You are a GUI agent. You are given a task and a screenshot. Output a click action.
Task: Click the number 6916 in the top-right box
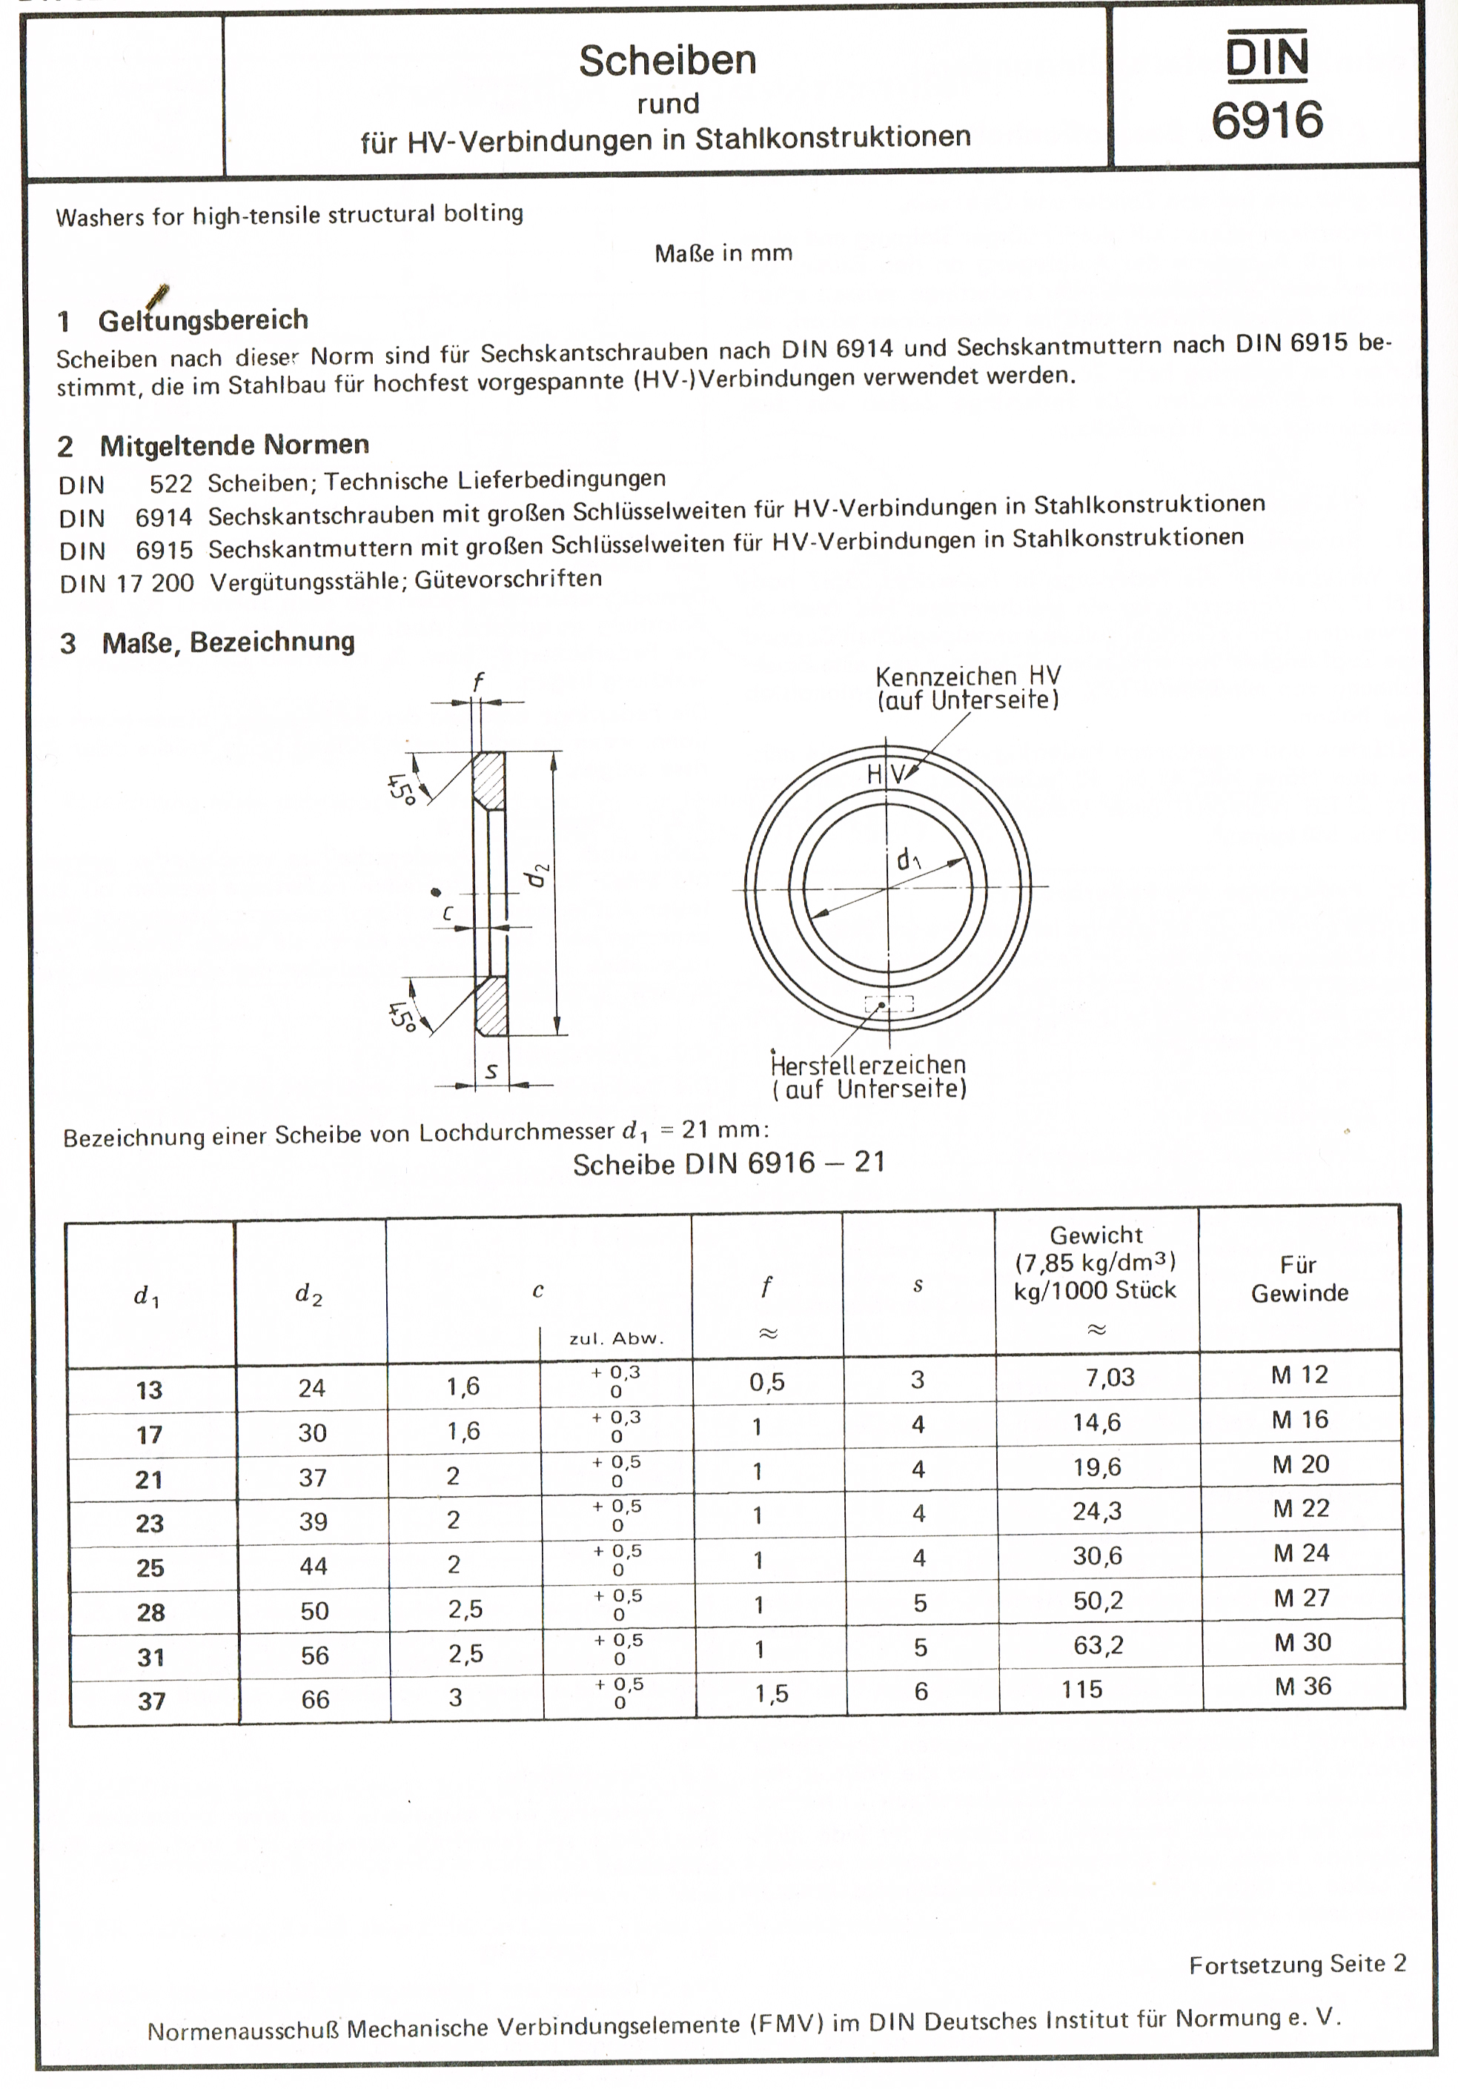pyautogui.click(x=1266, y=120)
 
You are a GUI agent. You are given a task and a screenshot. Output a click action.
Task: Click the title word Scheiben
pyautogui.click(x=667, y=61)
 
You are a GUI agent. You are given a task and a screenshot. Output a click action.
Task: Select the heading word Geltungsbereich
pyautogui.click(x=203, y=320)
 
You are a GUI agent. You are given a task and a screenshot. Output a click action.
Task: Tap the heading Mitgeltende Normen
pyautogui.click(x=234, y=445)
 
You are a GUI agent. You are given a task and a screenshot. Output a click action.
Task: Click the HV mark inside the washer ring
pyautogui.click(x=887, y=774)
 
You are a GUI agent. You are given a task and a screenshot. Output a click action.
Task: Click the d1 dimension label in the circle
pyautogui.click(x=908, y=858)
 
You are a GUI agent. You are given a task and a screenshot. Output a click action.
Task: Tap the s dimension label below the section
pyautogui.click(x=491, y=1072)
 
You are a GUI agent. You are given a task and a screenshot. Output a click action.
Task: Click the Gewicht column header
pyautogui.click(x=1096, y=1263)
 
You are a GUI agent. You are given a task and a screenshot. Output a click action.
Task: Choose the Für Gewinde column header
pyautogui.click(x=1299, y=1278)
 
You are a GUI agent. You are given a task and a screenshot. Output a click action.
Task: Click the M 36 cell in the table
pyautogui.click(x=1302, y=1686)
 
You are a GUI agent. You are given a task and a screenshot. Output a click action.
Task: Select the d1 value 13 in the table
pyautogui.click(x=148, y=1390)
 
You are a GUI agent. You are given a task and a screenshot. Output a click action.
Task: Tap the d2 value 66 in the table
pyautogui.click(x=315, y=1698)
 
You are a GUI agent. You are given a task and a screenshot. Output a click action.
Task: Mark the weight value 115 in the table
pyautogui.click(x=1081, y=1690)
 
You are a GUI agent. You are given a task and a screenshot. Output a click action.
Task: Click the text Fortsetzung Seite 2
pyautogui.click(x=1297, y=1965)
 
